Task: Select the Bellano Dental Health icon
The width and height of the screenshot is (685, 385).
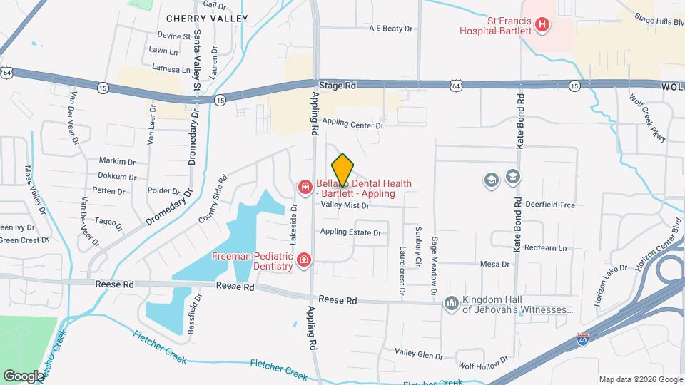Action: coord(305,188)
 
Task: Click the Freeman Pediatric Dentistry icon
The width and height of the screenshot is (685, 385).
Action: coord(305,260)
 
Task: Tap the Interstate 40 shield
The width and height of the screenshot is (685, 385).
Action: coord(583,341)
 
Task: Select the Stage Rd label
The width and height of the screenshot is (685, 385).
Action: coord(337,86)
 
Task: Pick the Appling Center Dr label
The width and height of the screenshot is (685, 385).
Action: coord(352,124)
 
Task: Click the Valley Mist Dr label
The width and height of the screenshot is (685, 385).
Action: coord(345,205)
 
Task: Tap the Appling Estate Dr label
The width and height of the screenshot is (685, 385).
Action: coord(350,232)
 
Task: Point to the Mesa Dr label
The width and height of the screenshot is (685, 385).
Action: coord(495,264)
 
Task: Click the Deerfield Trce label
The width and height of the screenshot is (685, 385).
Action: coord(549,205)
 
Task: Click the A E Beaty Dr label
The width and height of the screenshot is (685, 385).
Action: coord(391,29)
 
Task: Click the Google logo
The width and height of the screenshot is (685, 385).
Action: coord(24,376)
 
